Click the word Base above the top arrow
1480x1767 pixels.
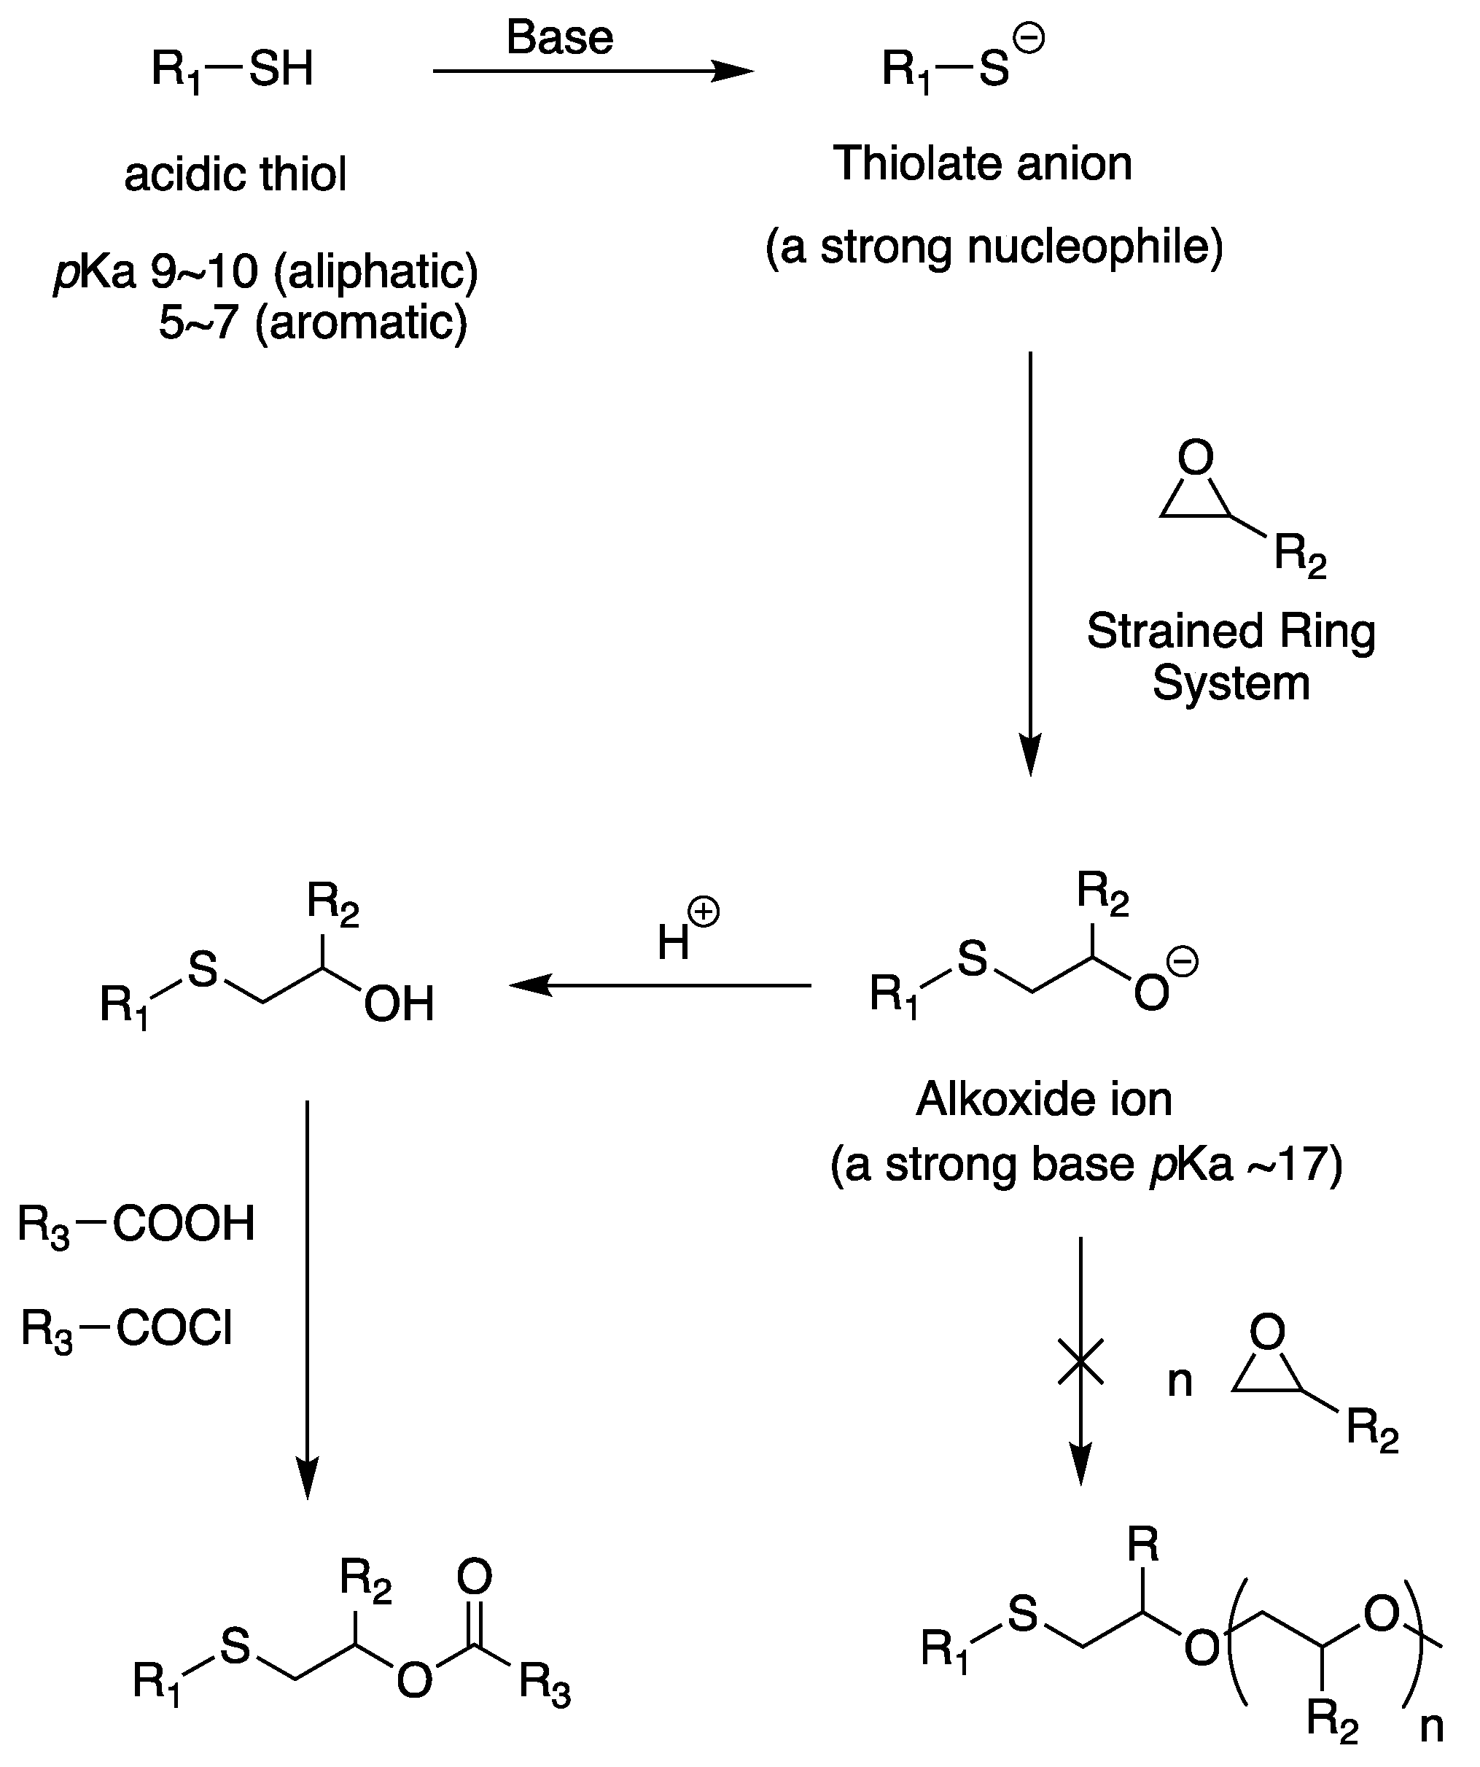tap(559, 38)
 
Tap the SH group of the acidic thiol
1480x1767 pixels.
tap(281, 69)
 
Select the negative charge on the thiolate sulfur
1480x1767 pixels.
tap(1032, 39)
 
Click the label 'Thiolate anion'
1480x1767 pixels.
tap(982, 163)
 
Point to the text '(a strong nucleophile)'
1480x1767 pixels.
tap(994, 247)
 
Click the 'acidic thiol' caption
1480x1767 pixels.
tap(235, 175)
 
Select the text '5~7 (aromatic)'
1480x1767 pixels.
tap(313, 322)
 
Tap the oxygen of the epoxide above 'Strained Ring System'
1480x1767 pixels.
tap(1196, 458)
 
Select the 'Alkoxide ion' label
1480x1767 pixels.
tap(1044, 1099)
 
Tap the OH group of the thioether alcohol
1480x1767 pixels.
tap(399, 1003)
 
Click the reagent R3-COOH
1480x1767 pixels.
tap(136, 1224)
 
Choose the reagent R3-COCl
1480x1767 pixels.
tap(127, 1329)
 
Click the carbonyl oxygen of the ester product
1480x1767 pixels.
tap(475, 1576)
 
